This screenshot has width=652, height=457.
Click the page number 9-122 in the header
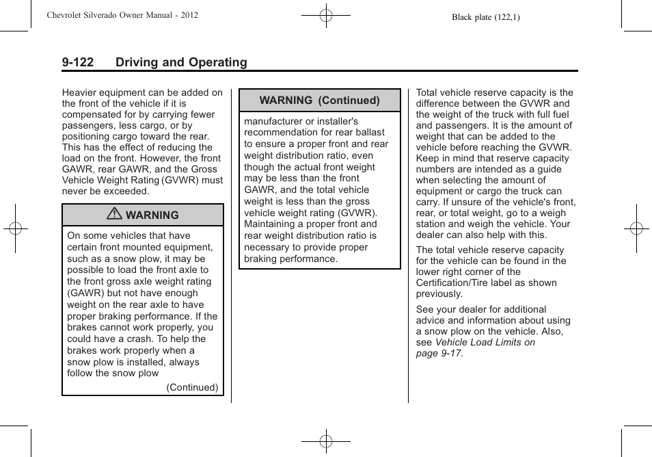click(77, 62)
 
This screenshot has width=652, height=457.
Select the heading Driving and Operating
click(181, 62)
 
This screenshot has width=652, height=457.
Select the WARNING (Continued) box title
click(319, 100)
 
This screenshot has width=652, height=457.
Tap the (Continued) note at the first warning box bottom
click(192, 387)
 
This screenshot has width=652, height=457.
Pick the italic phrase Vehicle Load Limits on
click(485, 342)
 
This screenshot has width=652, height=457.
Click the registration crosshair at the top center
click(326, 14)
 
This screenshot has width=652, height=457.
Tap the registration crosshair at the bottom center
click(326, 441)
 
